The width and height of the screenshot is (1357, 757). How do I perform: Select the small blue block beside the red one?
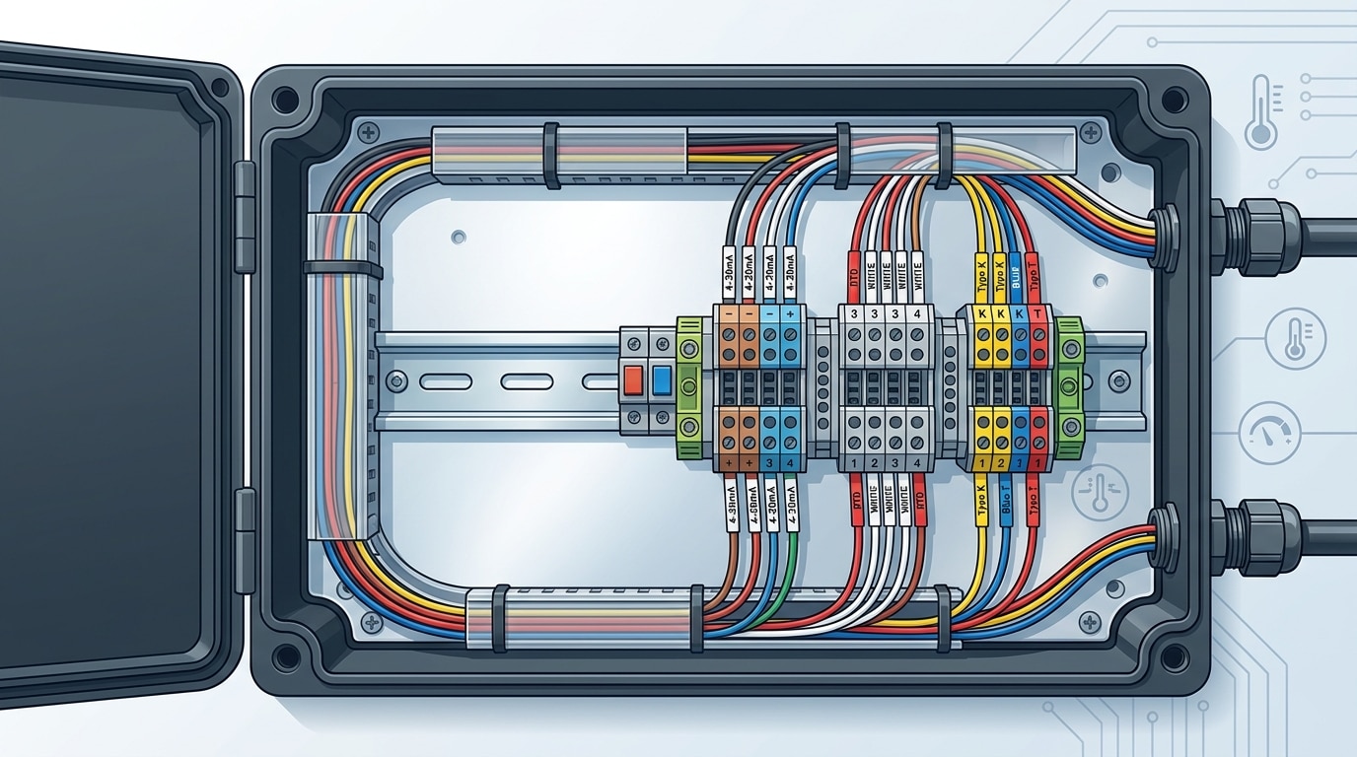pos(661,379)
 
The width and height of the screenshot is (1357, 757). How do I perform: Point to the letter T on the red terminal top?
pos(1037,313)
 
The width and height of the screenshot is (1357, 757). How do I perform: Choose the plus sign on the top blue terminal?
pos(791,313)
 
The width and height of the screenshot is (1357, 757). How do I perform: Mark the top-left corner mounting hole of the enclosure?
pos(286,100)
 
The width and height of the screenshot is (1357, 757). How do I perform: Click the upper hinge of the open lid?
pos(244,217)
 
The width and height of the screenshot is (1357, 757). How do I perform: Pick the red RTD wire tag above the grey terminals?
pos(854,275)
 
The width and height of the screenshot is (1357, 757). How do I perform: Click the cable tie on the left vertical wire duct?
pos(342,268)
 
